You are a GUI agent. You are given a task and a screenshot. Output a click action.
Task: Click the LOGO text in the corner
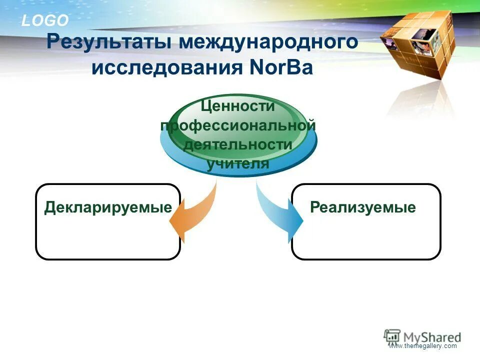pos(44,20)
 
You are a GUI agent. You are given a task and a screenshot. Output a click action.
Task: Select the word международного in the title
pos(269,41)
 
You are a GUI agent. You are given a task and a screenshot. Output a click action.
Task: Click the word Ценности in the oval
pos(238,106)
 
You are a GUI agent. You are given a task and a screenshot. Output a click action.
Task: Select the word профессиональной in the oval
pos(238,125)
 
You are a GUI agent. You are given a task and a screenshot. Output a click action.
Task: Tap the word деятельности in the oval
pos(238,144)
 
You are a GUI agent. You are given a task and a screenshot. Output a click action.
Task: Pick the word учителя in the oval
pos(238,163)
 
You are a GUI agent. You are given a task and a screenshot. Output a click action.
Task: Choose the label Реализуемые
pos(363,207)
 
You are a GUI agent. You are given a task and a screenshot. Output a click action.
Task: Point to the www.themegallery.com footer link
pos(423,346)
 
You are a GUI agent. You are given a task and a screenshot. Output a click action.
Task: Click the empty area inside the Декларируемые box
pos(108,237)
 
